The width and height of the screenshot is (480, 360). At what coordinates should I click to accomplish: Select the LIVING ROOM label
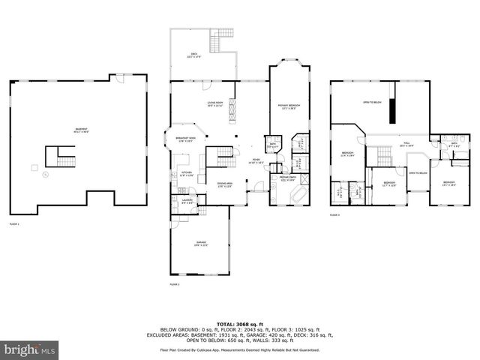[217, 103]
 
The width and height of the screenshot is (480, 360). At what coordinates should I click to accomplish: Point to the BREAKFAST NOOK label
[187, 139]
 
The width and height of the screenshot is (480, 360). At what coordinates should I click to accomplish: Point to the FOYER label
[256, 161]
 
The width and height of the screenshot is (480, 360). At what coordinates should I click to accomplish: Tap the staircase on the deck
[223, 39]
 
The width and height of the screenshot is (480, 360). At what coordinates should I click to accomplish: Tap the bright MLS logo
[30, 349]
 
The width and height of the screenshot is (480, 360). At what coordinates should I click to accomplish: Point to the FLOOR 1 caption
[14, 224]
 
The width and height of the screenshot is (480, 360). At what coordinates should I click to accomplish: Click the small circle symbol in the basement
[45, 175]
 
